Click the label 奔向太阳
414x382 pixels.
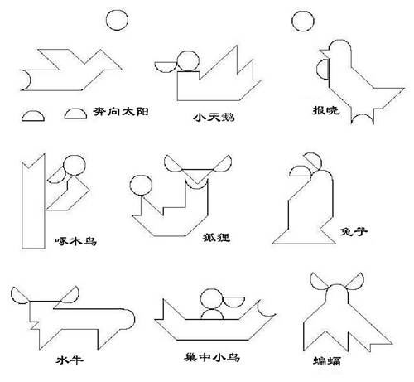pyautogui.click(x=121, y=112)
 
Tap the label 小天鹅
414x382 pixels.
pyautogui.click(x=214, y=118)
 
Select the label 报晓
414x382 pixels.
pyautogui.click(x=325, y=110)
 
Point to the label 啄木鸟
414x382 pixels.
pyautogui.click(x=76, y=241)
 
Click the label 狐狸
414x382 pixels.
pyautogui.click(x=216, y=238)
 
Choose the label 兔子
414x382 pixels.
pyautogui.click(x=354, y=231)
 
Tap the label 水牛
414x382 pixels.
pyautogui.click(x=70, y=360)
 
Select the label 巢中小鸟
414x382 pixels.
pyautogui.click(x=212, y=358)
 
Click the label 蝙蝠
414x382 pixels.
pyautogui.click(x=327, y=361)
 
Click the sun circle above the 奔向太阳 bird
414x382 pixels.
pyautogui.click(x=117, y=20)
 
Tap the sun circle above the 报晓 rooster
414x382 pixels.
pyautogui.click(x=303, y=21)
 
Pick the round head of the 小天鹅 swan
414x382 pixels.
pyautogui.click(x=188, y=61)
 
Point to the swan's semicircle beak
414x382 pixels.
pyautogui.click(x=166, y=67)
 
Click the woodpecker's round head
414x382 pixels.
pyautogui.click(x=75, y=165)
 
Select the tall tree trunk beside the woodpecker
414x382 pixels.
pyautogui.click(x=33, y=201)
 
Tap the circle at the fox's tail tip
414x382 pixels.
pyautogui.click(x=141, y=185)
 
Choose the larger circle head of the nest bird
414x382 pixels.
pyautogui.click(x=211, y=299)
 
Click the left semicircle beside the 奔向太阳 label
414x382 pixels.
pyautogui.click(x=33, y=116)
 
